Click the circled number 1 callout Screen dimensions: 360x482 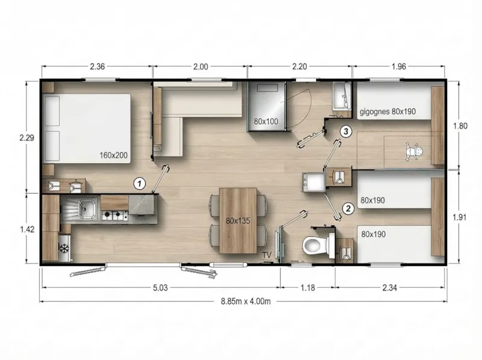(x=139, y=182)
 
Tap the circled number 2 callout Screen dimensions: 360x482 (x=348, y=209)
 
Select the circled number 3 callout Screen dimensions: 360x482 (x=345, y=130)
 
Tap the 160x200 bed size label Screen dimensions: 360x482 (x=114, y=155)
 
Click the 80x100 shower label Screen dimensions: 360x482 (x=266, y=121)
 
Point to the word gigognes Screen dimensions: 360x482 (x=375, y=112)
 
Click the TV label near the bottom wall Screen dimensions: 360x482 (x=266, y=255)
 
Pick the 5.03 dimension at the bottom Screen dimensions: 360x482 (x=160, y=287)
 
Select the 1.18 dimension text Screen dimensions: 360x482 (x=308, y=287)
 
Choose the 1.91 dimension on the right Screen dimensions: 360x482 (x=460, y=217)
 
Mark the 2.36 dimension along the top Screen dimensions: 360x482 (x=98, y=67)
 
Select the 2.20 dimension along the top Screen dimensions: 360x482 (x=299, y=67)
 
